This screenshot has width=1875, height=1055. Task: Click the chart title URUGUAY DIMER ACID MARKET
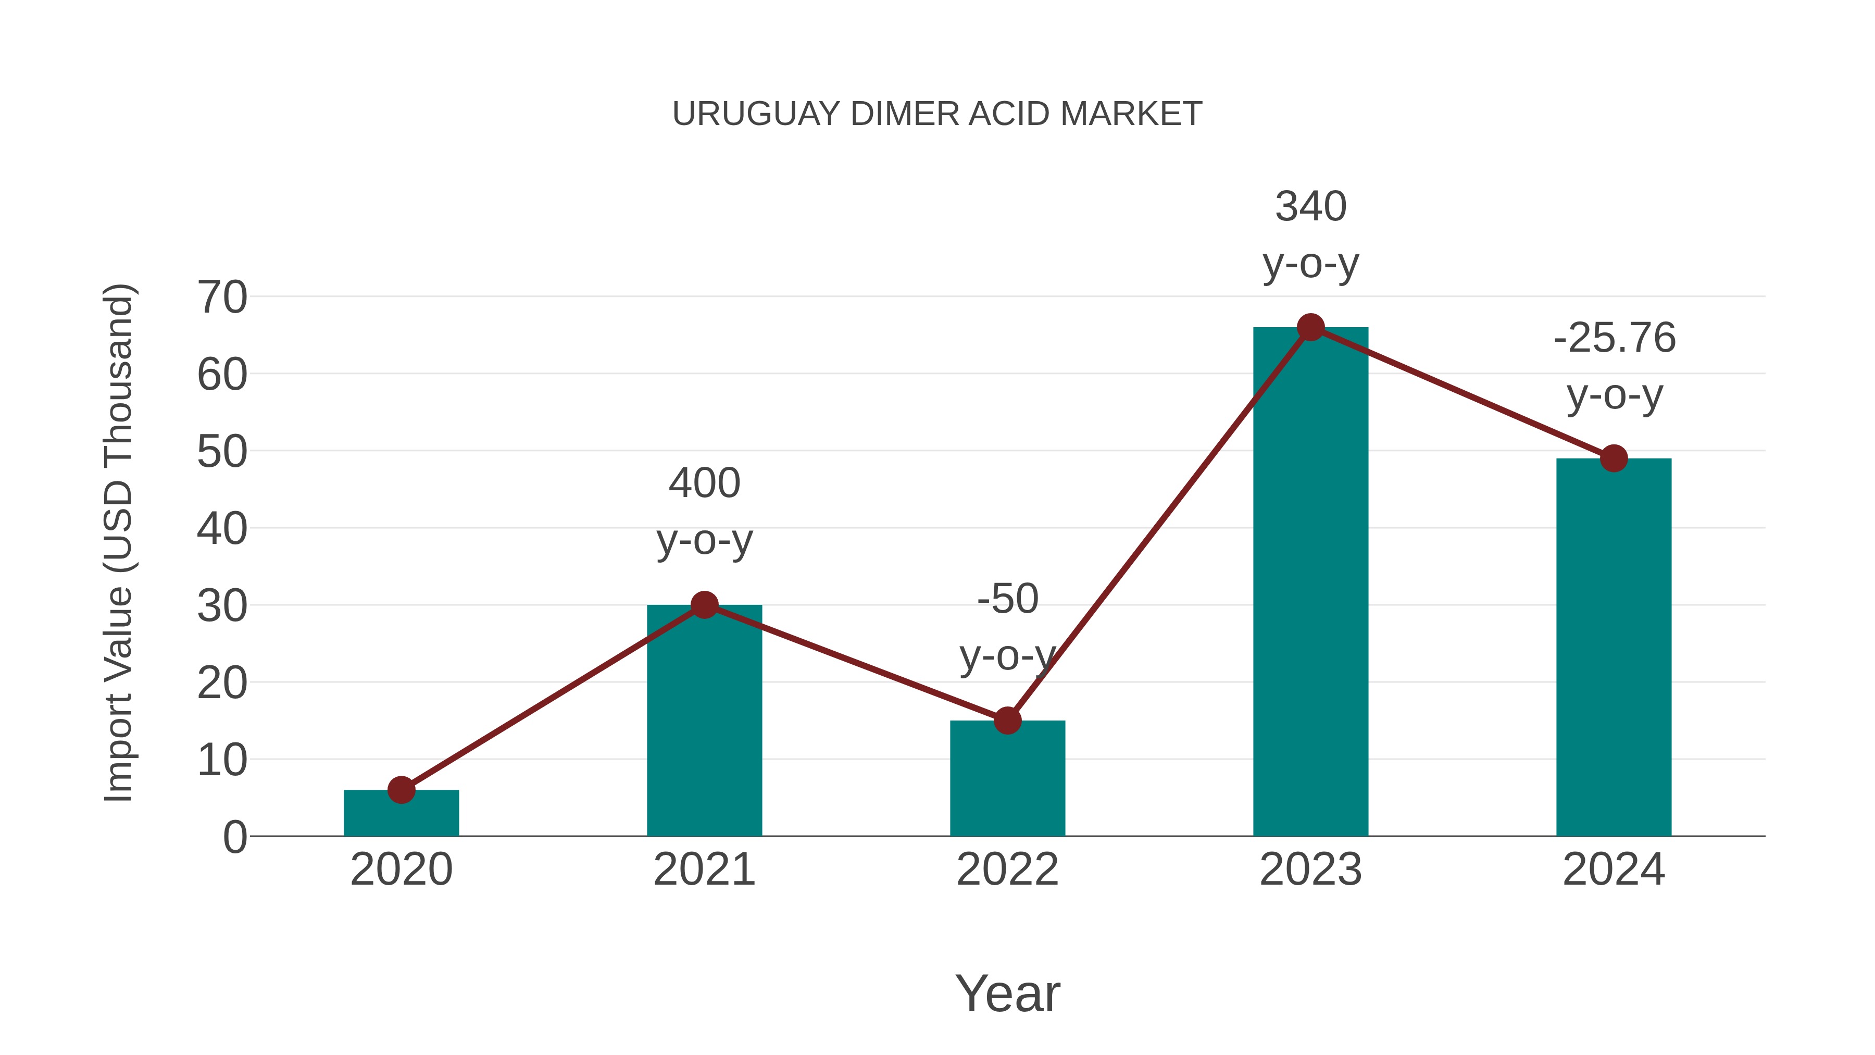coord(937,114)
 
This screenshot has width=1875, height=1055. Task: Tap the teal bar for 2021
coord(704,728)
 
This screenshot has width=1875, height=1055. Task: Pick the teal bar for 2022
coord(1007,783)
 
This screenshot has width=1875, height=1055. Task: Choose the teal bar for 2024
coord(1614,655)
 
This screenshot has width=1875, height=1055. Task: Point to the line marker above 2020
coord(401,790)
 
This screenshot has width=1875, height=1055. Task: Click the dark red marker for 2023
coord(1310,328)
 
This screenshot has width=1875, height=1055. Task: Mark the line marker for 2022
coord(1007,721)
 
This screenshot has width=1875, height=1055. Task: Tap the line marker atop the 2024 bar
coord(1614,458)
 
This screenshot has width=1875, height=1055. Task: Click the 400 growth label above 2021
coord(704,483)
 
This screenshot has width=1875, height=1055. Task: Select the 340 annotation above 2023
coord(1310,207)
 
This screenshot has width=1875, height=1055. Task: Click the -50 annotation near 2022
coord(1007,599)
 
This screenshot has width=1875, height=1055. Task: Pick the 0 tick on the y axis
coord(234,837)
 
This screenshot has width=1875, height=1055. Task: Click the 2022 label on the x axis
coord(1007,870)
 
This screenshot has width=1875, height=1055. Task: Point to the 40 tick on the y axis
coord(222,529)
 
